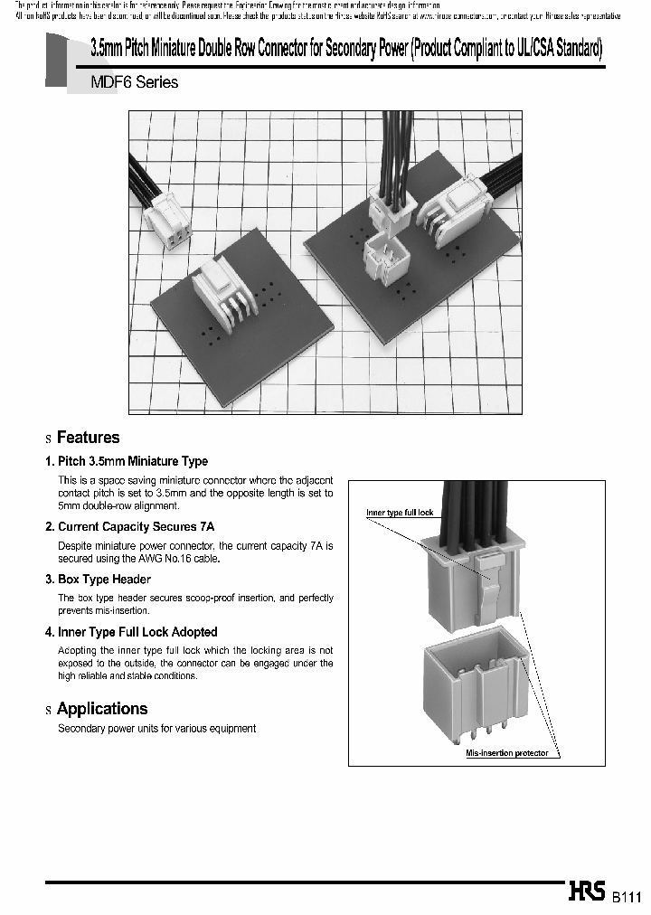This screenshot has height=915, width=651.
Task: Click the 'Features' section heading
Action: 88,438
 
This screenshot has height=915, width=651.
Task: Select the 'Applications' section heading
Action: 101,709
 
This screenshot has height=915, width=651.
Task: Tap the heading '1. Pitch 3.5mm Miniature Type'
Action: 127,461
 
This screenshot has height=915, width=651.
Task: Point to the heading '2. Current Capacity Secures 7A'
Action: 129,526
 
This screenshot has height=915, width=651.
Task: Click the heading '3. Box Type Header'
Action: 98,579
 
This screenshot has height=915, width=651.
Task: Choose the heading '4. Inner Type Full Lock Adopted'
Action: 131,632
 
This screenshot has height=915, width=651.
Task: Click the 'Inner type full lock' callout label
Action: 400,513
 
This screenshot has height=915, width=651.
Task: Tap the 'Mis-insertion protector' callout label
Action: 506,753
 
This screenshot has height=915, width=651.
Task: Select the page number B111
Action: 627,897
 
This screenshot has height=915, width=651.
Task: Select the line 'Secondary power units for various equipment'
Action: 156,729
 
